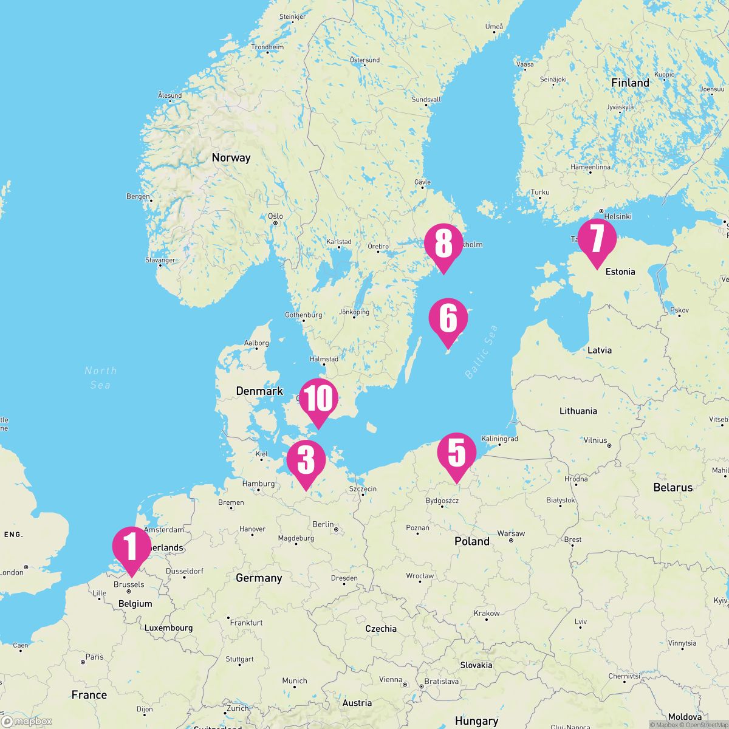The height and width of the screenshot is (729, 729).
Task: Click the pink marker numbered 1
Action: coord(131,546)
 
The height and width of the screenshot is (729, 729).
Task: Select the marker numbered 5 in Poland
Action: coord(457,453)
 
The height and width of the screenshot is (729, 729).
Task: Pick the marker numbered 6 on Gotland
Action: coord(448,318)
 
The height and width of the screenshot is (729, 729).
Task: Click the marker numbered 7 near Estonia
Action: coord(597,239)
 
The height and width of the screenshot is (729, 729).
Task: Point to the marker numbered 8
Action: coord(443,244)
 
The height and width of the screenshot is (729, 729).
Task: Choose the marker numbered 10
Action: coord(318,399)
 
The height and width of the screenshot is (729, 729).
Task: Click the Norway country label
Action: coord(231,158)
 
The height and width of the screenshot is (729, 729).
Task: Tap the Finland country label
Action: coord(630,83)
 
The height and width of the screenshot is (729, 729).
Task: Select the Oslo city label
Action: coord(275,216)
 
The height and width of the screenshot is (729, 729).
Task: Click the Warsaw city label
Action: coord(511,533)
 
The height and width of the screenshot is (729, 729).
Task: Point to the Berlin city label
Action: coord(323,524)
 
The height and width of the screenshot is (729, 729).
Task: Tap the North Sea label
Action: coord(100,377)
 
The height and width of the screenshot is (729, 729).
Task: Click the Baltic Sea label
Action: coord(481,352)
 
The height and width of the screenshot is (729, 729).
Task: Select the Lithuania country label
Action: coord(578,411)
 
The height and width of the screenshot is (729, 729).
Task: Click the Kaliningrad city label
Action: coord(499,439)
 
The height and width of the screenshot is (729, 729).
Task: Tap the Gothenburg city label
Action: coord(303,315)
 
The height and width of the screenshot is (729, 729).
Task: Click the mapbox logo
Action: coord(27,721)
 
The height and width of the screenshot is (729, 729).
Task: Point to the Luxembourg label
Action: coord(168,628)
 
